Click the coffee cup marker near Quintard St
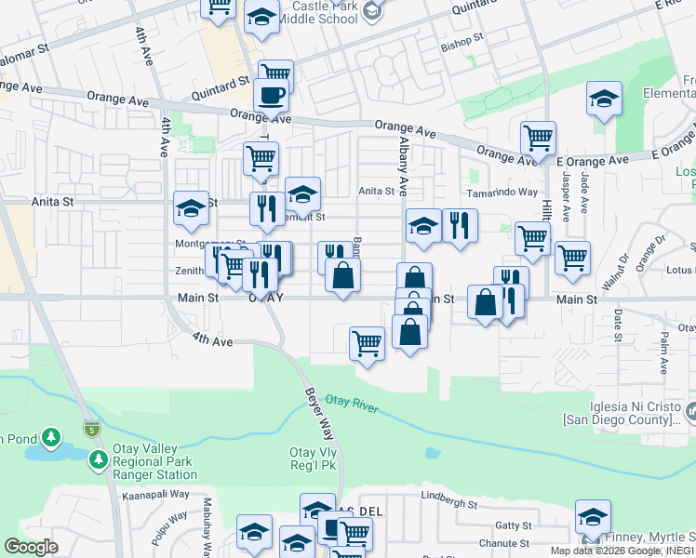coord(271,94)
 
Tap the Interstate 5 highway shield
coord(91,429)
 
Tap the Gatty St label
coord(512,525)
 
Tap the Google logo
coord(31,546)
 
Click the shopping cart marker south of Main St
coord(367,343)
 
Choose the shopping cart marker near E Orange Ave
coord(538,139)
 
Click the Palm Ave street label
coord(664,355)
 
